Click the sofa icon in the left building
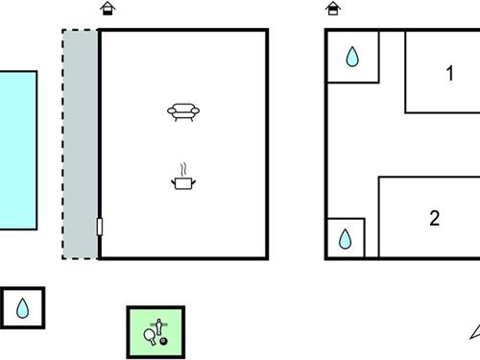(x=183, y=112)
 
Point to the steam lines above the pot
(x=182, y=167)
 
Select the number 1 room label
(x=449, y=73)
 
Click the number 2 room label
(x=435, y=219)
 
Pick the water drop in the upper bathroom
(x=352, y=58)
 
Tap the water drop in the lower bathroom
(x=346, y=238)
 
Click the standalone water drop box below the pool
(x=23, y=308)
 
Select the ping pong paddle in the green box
(x=150, y=335)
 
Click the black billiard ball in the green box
(x=163, y=341)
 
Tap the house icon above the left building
(x=108, y=9)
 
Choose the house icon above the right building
(x=333, y=9)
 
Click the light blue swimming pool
(x=17, y=150)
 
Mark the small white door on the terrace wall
(x=99, y=227)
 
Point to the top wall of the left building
(x=182, y=30)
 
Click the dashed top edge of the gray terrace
(x=80, y=31)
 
